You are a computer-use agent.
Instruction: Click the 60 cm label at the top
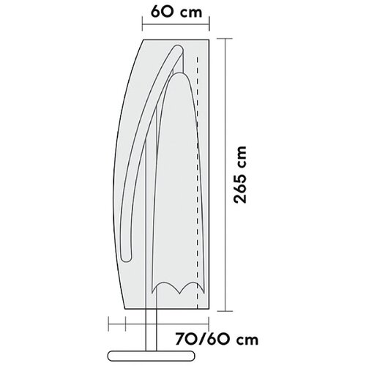click(176, 12)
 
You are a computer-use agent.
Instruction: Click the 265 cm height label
click(240, 175)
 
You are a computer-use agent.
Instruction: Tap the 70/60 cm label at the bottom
click(217, 340)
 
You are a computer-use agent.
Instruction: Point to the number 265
click(240, 186)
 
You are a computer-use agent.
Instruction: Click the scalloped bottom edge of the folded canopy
click(179, 288)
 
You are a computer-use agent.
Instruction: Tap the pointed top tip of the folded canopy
click(179, 72)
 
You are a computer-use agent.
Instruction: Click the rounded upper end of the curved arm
click(177, 49)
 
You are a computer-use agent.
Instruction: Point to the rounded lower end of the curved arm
click(126, 258)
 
